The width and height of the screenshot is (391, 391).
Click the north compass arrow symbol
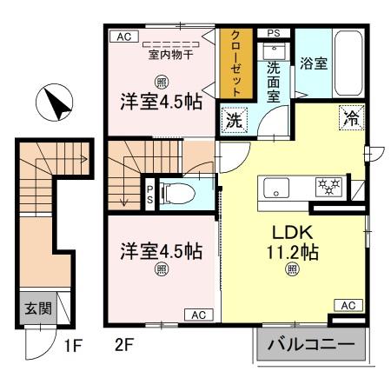click(54, 106)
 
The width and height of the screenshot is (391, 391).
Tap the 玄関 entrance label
click(30, 308)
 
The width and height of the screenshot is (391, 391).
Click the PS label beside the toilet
click(149, 192)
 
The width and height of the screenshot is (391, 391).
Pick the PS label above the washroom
click(274, 34)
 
